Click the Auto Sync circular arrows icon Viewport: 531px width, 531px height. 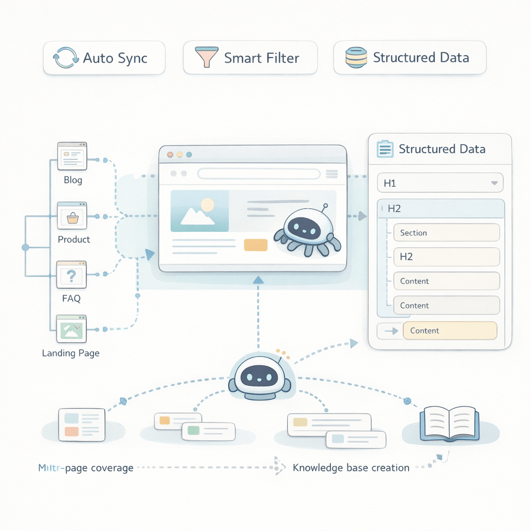66,58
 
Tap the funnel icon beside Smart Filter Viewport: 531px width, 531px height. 206,58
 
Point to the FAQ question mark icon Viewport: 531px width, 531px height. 72,274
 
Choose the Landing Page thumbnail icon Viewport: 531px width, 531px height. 72,329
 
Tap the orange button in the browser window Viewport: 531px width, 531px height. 255,245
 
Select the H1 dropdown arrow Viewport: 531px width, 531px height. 494,183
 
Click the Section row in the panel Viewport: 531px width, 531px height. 446,233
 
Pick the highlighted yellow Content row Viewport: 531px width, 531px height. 450,330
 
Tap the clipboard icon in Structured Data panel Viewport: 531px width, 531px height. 384,149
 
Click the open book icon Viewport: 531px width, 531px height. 449,421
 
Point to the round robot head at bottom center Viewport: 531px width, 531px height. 259,374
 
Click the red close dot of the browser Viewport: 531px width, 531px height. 170,155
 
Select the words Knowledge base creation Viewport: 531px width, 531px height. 351,468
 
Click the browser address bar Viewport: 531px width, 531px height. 258,174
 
